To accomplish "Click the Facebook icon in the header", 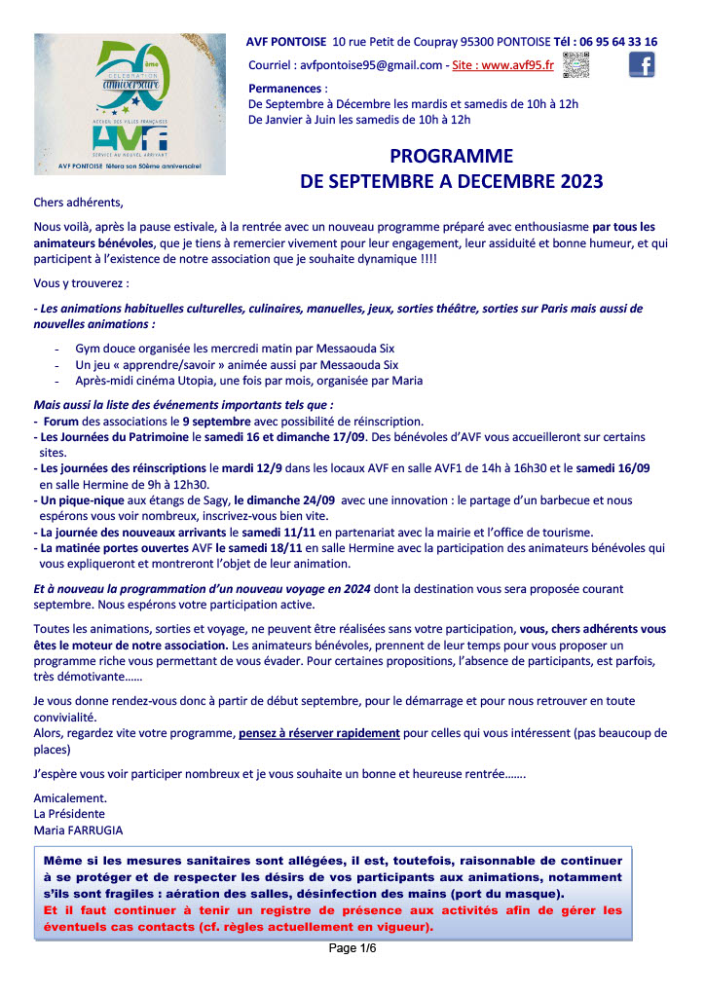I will (641, 64).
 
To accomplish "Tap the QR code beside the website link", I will (576, 64).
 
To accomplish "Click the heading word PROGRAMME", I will (451, 157).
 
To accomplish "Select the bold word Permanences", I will (284, 88).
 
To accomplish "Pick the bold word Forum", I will (60, 422).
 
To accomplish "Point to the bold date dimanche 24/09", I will (285, 499).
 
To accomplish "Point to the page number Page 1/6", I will (352, 948).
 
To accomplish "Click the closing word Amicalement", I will (65, 798).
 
